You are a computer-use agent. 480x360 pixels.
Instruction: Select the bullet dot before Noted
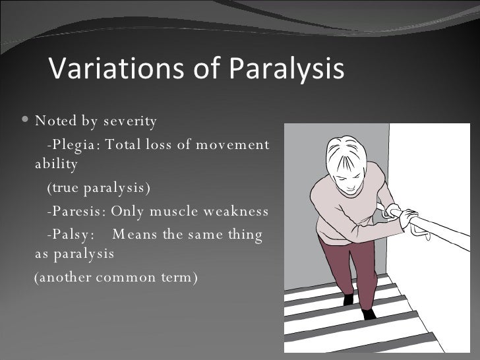[x=25, y=121]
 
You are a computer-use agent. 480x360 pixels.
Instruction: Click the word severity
[x=129, y=121]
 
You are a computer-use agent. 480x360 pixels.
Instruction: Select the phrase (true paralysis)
[x=98, y=189]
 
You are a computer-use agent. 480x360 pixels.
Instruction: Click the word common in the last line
[x=122, y=276]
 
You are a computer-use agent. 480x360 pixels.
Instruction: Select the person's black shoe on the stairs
[x=369, y=314]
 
